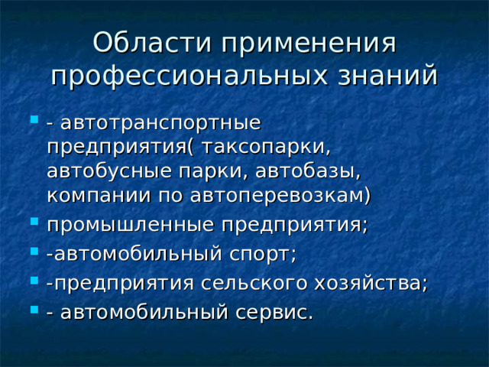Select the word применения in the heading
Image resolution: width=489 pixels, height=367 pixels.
click(306, 43)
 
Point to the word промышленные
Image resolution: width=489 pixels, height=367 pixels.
click(132, 226)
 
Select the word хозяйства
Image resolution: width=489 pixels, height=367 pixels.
click(371, 283)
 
